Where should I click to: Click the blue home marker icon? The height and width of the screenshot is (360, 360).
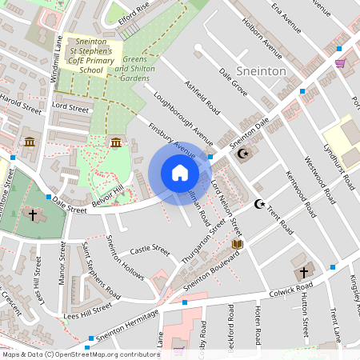coord(180,173)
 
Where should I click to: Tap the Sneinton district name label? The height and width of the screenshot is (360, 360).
coord(261,71)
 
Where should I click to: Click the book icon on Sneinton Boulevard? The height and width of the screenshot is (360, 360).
coord(237,243)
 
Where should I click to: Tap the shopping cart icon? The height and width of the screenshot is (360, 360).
coord(340,62)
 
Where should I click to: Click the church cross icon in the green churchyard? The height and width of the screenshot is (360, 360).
coord(34,214)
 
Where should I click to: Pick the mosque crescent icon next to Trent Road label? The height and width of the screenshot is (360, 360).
coord(258,204)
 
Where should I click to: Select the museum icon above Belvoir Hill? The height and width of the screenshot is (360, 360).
coord(117,142)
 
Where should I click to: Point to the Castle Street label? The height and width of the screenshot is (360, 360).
coord(150,250)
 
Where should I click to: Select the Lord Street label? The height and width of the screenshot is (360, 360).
coord(70,106)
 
